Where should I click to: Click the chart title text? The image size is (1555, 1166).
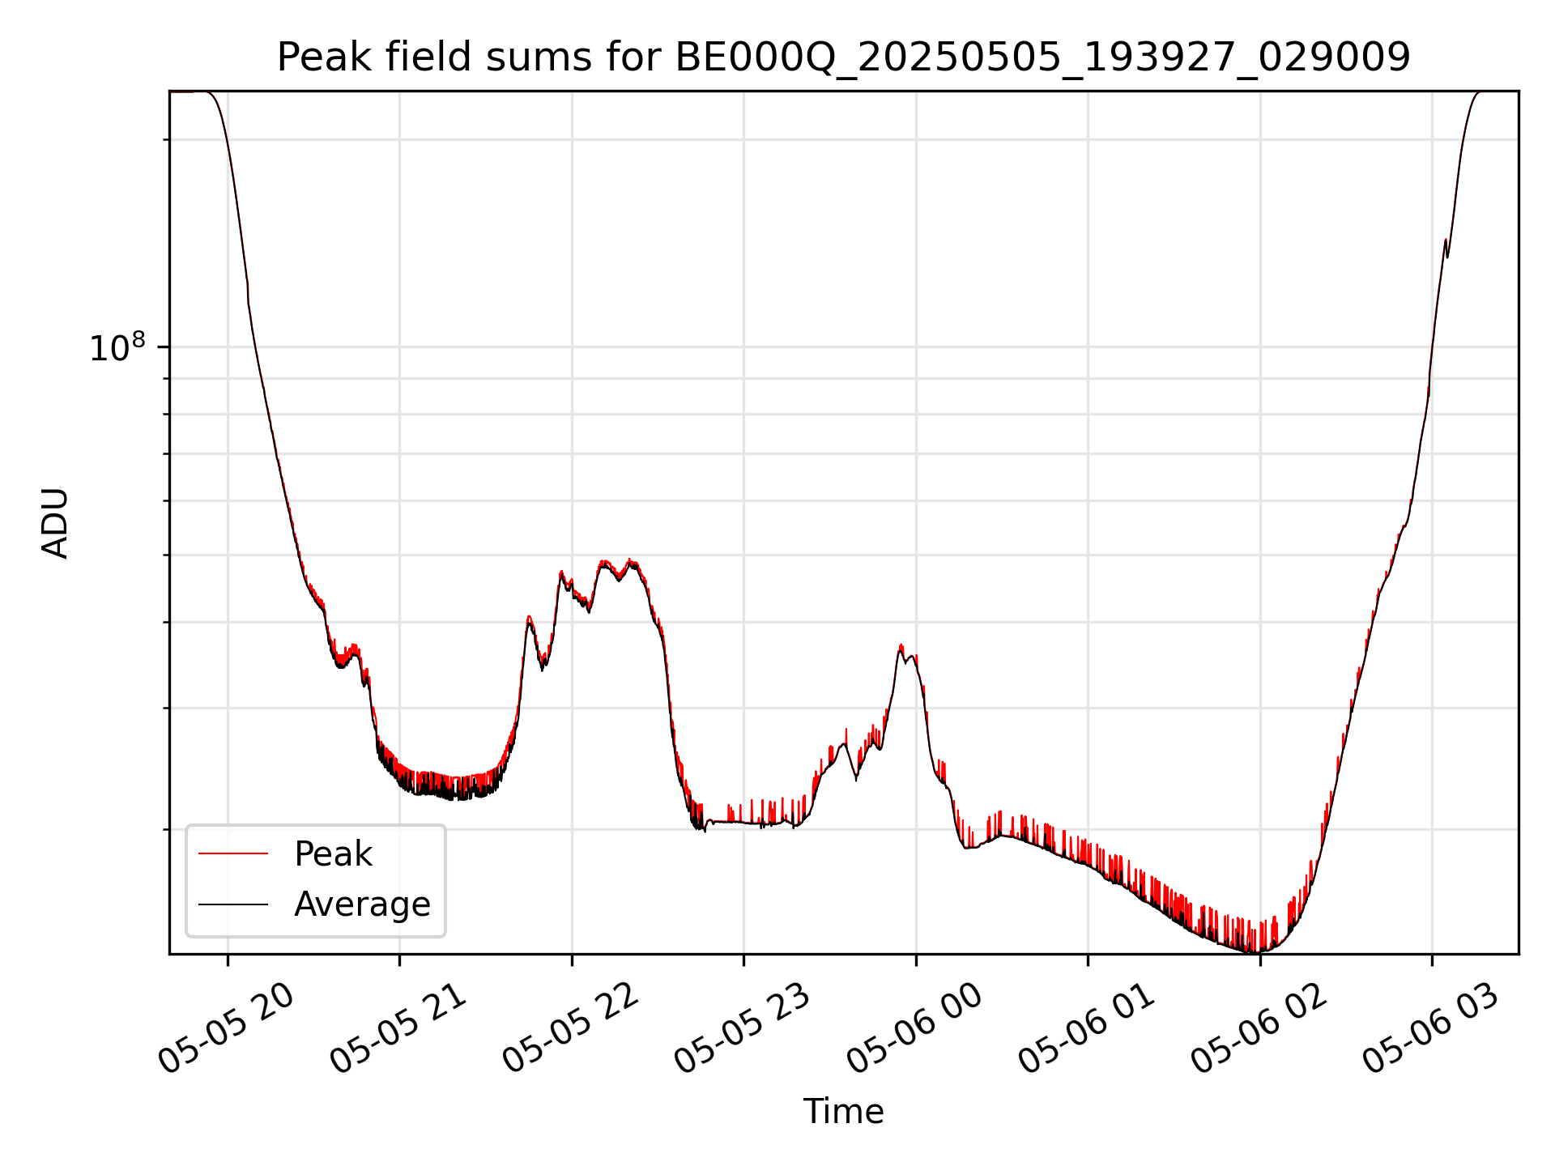point(843,57)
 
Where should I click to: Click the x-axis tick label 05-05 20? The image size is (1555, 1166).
point(227,1028)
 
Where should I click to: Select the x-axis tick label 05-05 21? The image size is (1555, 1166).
point(399,1028)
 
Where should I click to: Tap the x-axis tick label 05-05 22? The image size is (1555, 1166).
point(572,1028)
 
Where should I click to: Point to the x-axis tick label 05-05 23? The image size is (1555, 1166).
point(743,1028)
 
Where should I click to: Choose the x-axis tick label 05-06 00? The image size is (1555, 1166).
point(916,1028)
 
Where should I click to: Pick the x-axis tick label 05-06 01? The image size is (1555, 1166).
point(1088,1028)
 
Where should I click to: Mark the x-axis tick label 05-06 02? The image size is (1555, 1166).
point(1260,1028)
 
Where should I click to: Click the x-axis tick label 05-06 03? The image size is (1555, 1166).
point(1432,1028)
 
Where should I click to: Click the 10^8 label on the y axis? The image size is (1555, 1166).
point(118,349)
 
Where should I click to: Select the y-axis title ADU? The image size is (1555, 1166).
point(55,523)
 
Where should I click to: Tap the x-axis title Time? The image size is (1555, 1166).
point(843,1112)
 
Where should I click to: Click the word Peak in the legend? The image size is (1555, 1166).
point(333,854)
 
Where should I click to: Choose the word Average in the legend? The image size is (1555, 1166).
point(362,904)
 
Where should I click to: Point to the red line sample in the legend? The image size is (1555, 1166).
point(233,853)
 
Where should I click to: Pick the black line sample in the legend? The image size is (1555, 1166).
point(233,904)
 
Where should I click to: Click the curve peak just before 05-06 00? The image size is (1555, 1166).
point(901,646)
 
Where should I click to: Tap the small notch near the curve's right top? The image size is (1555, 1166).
point(1447,256)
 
